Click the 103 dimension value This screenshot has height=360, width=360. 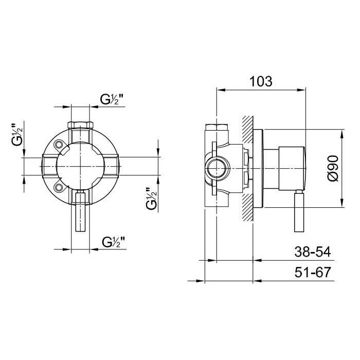[261, 81]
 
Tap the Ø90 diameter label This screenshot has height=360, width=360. [333, 168]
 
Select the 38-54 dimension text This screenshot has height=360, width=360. [313, 251]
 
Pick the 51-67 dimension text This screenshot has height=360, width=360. [313, 272]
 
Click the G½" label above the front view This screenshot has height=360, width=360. [112, 99]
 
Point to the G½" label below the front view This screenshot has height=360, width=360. [114, 242]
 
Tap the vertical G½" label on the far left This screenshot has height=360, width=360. [17, 135]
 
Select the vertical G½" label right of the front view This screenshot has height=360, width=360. [151, 199]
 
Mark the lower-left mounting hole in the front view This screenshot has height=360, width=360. [59, 188]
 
